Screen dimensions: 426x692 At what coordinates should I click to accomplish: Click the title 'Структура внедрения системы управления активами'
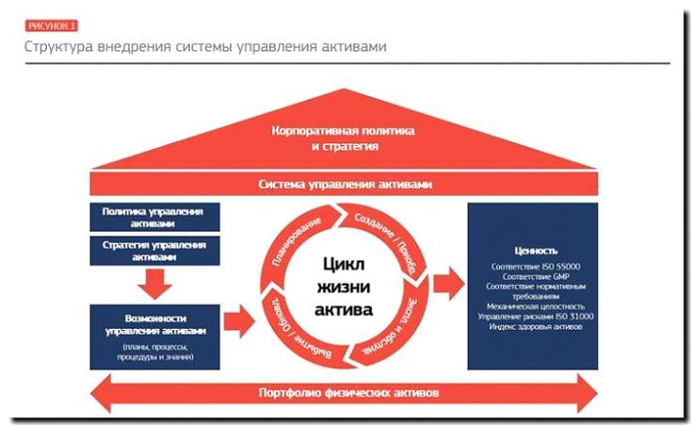coord(204,46)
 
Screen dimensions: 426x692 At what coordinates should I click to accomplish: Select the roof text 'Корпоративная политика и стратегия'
coord(343,139)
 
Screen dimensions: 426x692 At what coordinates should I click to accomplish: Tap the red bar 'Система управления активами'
coord(345,184)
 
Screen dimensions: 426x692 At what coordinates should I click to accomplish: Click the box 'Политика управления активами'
coord(153,217)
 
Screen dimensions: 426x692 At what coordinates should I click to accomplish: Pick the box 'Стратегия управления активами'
coord(153,250)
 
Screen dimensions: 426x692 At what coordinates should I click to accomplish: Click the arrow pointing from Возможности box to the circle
coord(239,321)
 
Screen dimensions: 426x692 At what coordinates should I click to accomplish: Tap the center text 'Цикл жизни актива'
coord(343,286)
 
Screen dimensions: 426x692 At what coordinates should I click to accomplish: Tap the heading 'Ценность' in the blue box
coord(536,251)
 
